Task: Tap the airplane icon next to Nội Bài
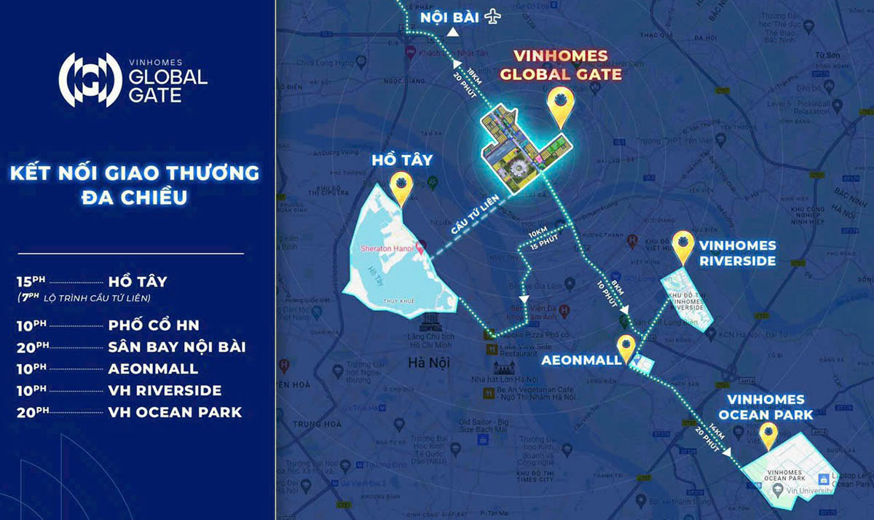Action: (x=494, y=15)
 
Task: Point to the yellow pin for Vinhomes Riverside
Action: (x=682, y=248)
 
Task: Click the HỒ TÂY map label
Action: (x=401, y=159)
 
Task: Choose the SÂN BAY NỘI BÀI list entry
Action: (x=176, y=347)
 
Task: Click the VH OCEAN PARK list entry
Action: (x=175, y=412)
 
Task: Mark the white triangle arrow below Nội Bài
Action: (x=452, y=32)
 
